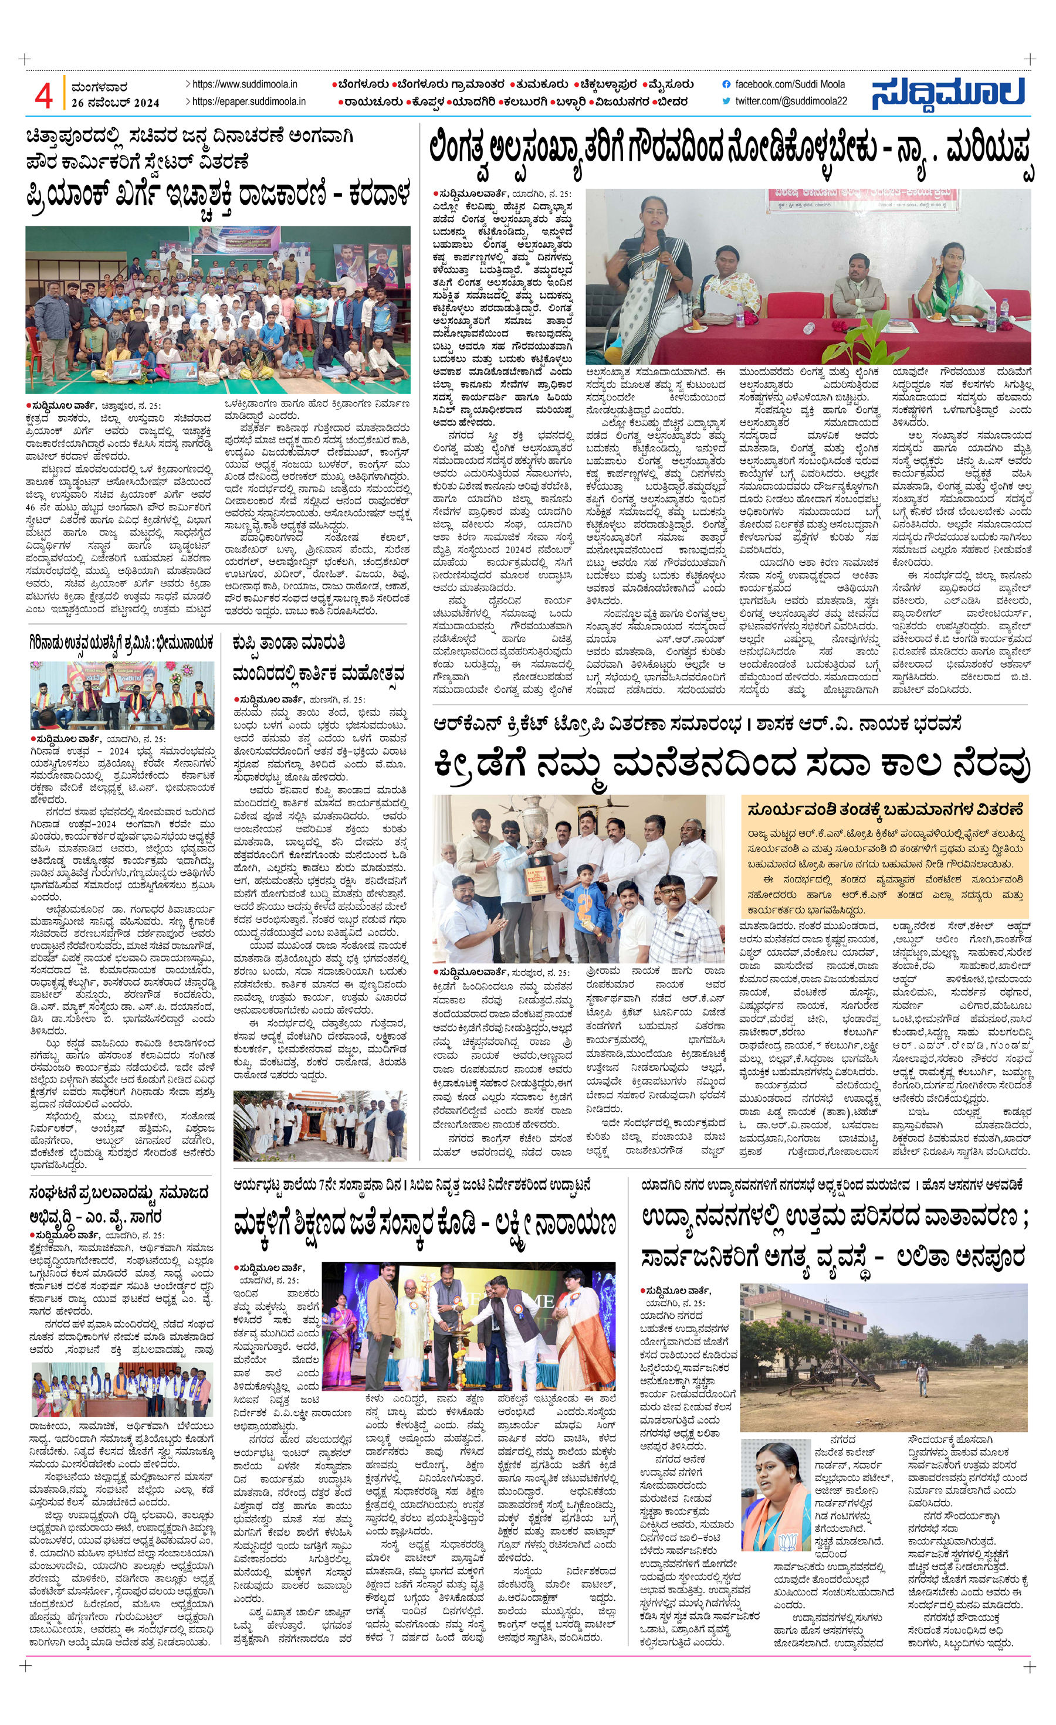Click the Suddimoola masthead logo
point(948,93)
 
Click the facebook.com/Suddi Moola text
point(789,84)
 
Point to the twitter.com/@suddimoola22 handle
point(791,101)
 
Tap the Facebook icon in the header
point(726,84)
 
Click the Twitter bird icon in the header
point(726,101)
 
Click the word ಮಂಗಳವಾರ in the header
point(99,87)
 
